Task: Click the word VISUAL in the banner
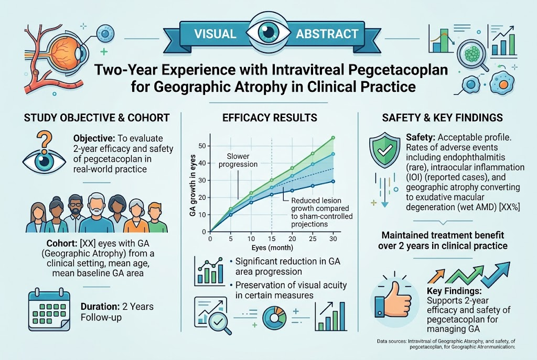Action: pos(215,34)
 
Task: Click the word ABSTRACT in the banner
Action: pos(327,34)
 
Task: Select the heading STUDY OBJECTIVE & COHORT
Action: pos(97,118)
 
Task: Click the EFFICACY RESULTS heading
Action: pos(270,118)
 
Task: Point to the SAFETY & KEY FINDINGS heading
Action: pos(443,118)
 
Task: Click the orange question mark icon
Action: pos(44,142)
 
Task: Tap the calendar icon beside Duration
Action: pos(49,310)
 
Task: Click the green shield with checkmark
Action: pos(384,149)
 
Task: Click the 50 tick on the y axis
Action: pos(202,146)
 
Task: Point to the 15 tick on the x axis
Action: pos(272,238)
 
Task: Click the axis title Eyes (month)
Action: pos(272,247)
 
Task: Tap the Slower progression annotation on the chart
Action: pos(238,160)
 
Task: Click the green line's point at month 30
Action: pos(333,138)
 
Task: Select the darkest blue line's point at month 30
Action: pos(333,181)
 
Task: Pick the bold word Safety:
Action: pos(421,138)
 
